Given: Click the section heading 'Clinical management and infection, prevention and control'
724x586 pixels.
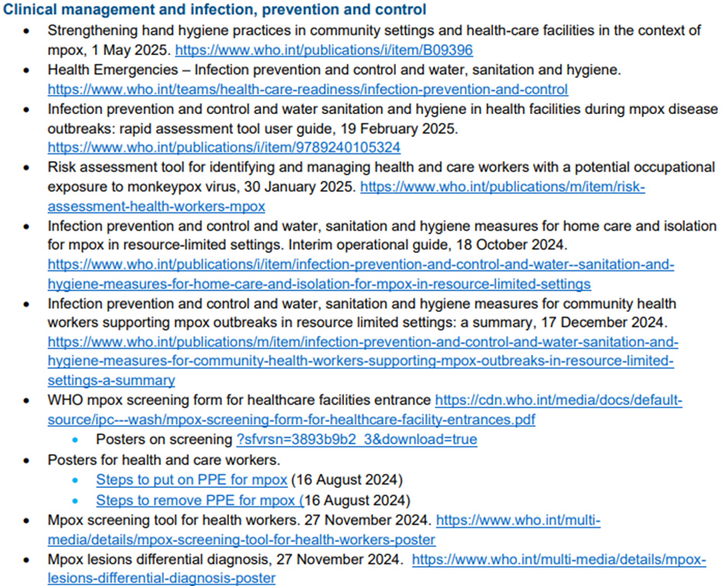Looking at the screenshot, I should click(215, 11).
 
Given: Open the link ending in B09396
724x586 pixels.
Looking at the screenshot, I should click(324, 51).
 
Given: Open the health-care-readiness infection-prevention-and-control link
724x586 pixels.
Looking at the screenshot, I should click(307, 90).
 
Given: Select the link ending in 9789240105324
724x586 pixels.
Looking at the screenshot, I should click(224, 147).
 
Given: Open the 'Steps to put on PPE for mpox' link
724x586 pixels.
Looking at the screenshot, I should click(192, 480).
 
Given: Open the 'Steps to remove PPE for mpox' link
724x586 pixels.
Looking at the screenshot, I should click(198, 501).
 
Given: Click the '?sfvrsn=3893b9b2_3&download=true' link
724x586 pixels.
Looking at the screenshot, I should click(357, 440).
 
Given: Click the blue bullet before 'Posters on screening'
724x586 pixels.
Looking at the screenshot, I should click(76, 440).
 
